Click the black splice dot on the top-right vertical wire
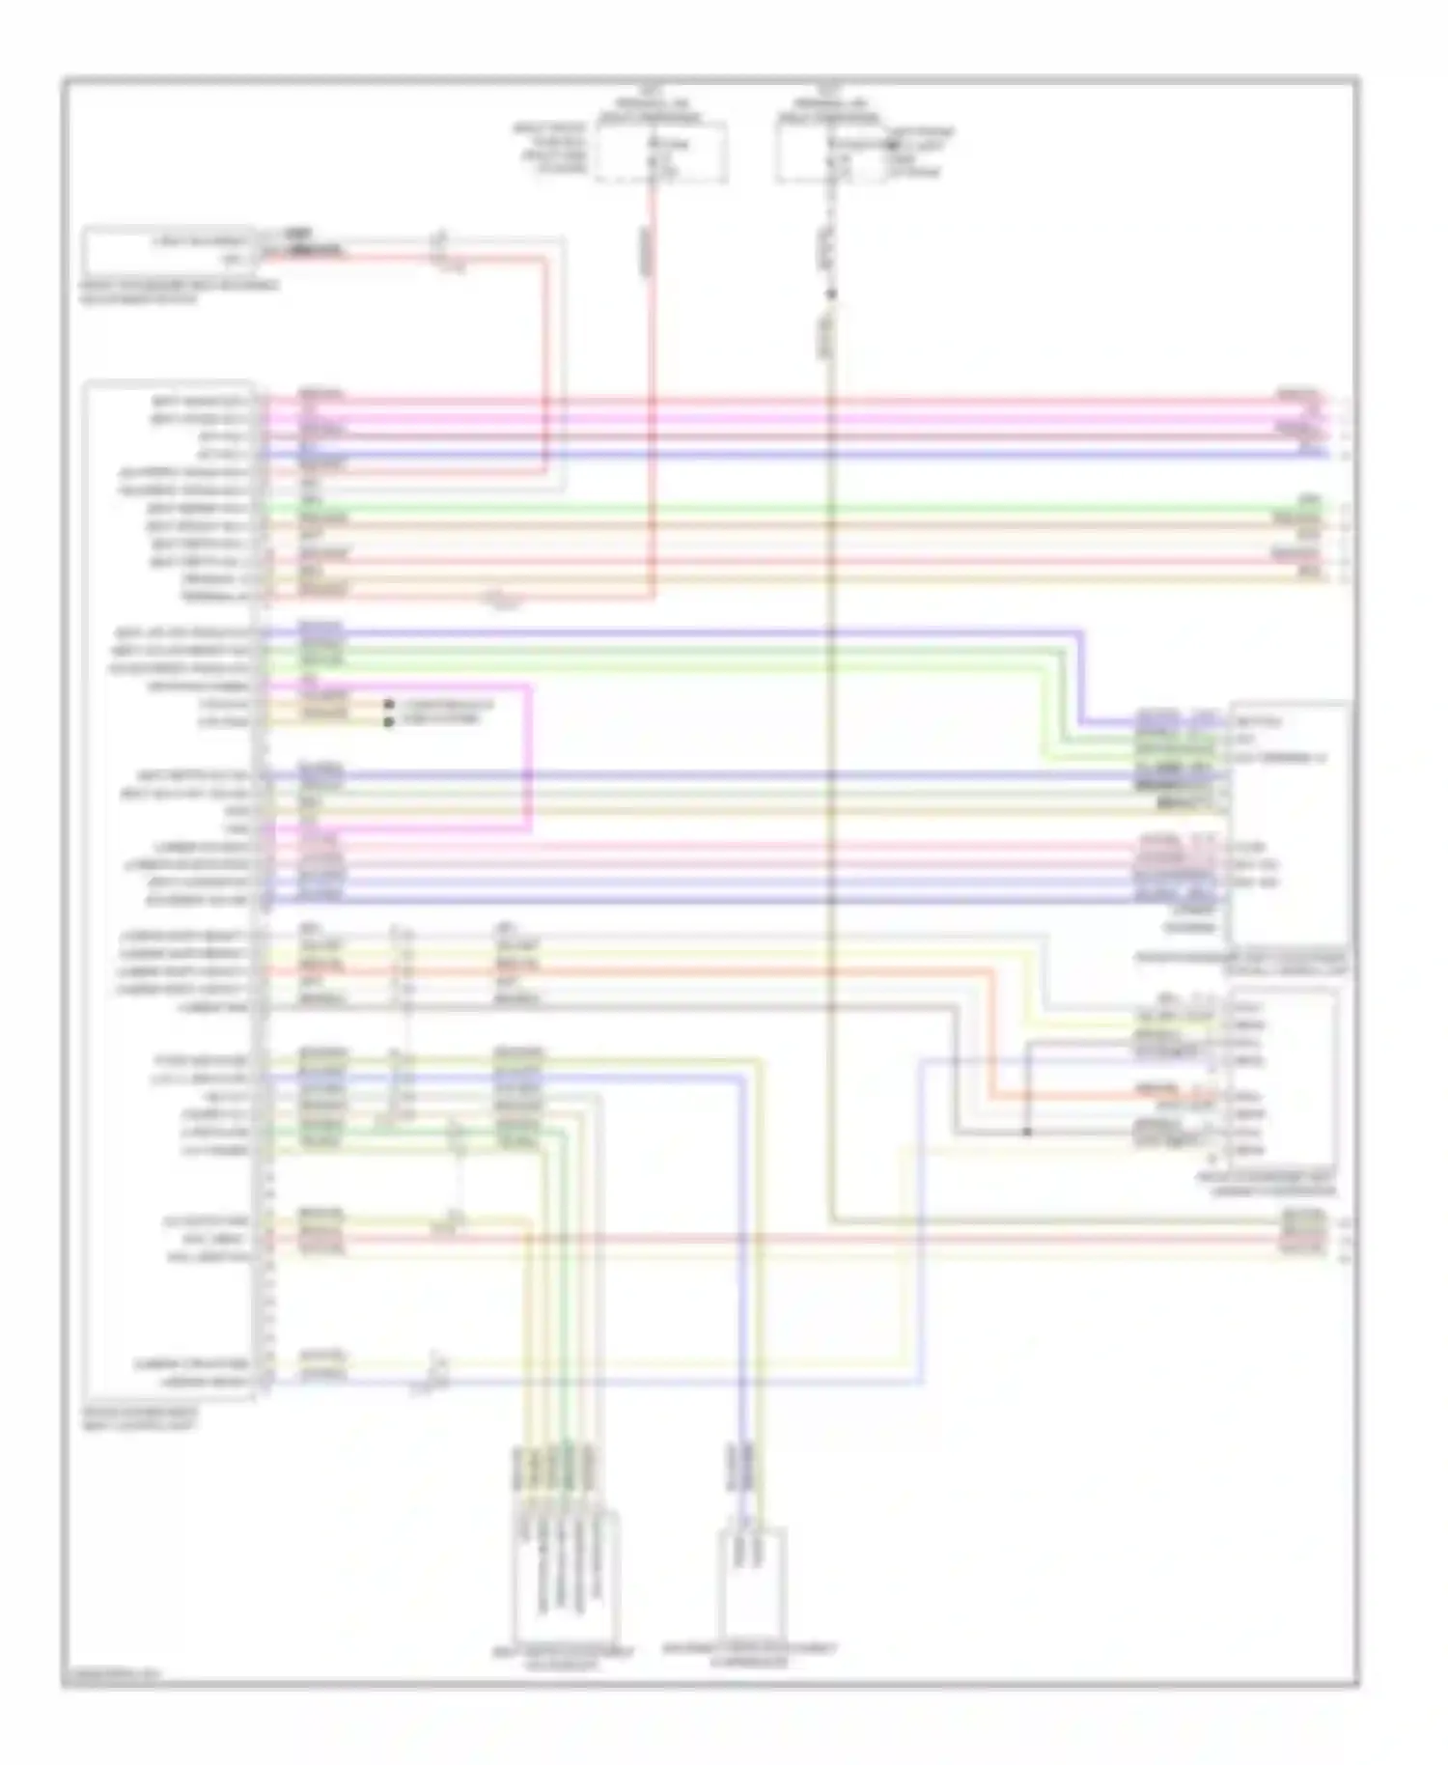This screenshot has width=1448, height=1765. click(830, 294)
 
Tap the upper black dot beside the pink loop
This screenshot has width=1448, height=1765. click(389, 705)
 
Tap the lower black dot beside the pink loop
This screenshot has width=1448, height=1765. click(389, 721)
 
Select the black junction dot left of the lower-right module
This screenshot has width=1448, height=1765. click(1027, 1132)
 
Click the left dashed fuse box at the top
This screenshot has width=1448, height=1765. click(660, 154)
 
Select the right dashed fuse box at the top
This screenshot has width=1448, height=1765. click(831, 154)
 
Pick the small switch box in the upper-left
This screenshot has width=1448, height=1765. click(170, 250)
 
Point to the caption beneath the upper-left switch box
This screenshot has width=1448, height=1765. click(179, 293)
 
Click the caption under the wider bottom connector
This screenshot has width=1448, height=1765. click(564, 1659)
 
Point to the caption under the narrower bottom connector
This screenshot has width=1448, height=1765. click(750, 1655)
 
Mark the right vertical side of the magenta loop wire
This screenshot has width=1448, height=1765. click(529, 758)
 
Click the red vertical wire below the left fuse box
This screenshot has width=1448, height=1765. click(653, 386)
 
